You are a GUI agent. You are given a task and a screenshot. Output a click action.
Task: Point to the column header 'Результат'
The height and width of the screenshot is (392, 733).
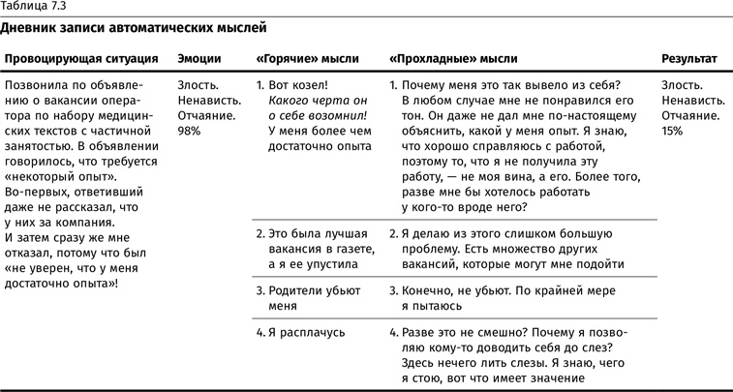point(688,59)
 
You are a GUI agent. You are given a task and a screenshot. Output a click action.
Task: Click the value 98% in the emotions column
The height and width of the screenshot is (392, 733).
point(190,131)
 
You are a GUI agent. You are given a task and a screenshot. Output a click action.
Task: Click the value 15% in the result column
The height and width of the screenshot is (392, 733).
point(672,131)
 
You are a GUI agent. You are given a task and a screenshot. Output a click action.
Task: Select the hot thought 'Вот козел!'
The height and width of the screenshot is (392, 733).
point(298,84)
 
